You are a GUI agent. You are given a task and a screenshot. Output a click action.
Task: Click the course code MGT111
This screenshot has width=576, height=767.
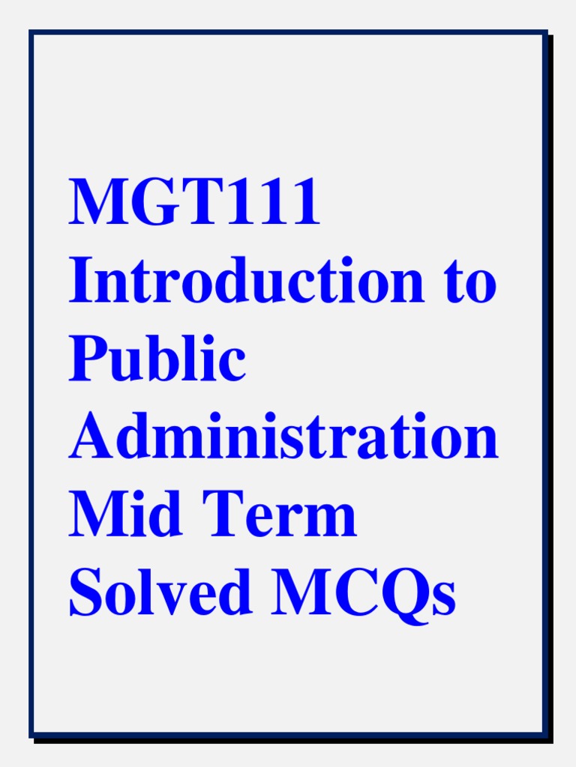pyautogui.click(x=194, y=203)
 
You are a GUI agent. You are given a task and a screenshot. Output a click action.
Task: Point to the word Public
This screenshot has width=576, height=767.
pyautogui.click(x=157, y=360)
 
